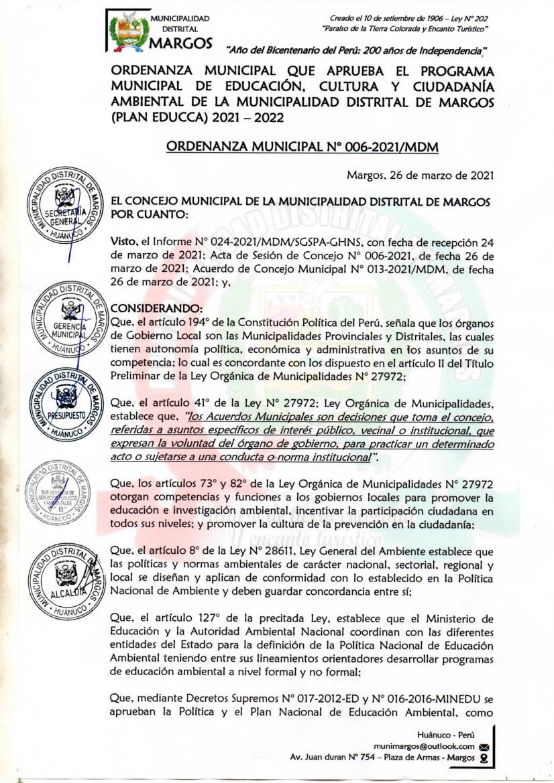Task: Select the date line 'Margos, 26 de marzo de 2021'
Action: pyautogui.click(x=420, y=175)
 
